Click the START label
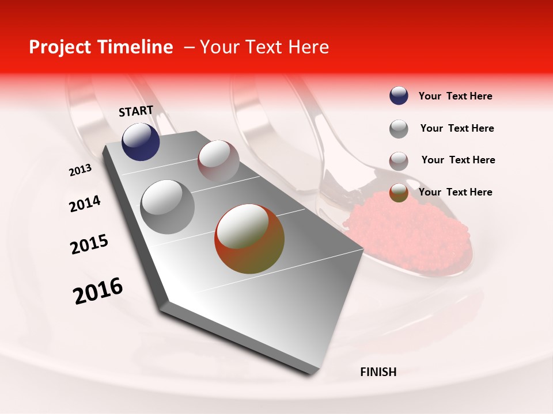coord(136,111)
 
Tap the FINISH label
coord(378,372)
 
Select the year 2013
coord(80,170)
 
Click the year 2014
coord(85,204)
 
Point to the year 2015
coord(89,244)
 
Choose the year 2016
coord(98,291)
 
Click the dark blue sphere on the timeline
coord(141,142)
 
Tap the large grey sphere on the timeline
coord(168,207)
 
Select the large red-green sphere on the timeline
coord(249,239)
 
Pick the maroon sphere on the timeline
coord(218,162)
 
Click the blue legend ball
coord(399,96)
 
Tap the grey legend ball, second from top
coord(399,129)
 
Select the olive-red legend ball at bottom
coord(399,193)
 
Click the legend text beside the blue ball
coord(455,97)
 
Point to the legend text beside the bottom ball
coord(455,192)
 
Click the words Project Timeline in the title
coord(101,47)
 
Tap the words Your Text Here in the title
coord(264,47)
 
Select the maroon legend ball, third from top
coord(399,161)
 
